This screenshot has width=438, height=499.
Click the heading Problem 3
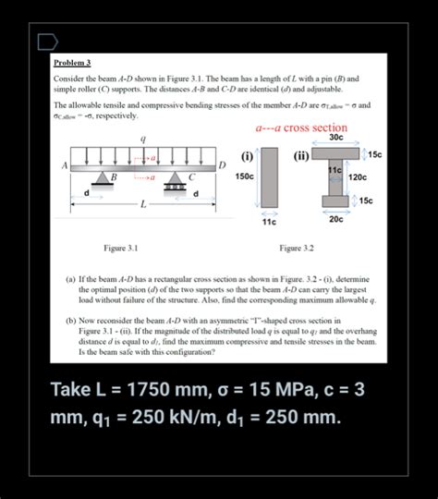(72, 63)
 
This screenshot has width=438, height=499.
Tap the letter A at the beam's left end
(65, 164)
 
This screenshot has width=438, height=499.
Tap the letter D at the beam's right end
(222, 164)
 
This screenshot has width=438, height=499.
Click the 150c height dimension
(245, 176)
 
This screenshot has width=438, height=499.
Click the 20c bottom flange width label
(335, 219)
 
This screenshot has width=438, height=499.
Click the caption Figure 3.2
(297, 248)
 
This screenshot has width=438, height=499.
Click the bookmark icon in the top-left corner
(46, 42)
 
